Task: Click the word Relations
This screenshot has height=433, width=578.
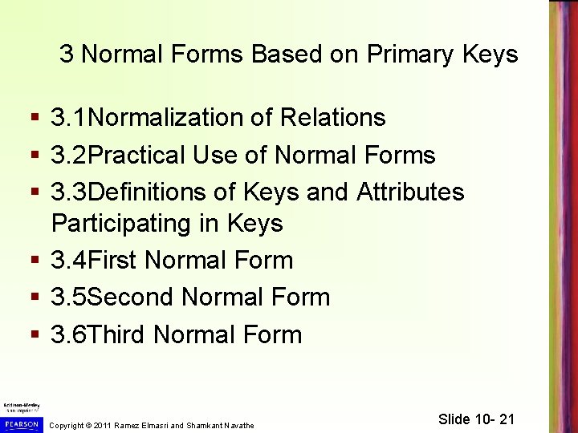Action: click(332, 118)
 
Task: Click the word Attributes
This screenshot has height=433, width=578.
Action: click(410, 192)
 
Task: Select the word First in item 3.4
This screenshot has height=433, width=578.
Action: click(113, 260)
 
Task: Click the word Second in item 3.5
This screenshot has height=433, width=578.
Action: click(131, 297)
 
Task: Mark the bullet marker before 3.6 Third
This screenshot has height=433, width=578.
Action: click(33, 335)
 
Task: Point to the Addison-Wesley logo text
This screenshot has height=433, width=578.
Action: click(20, 406)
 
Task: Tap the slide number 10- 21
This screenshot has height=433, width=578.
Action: click(490, 419)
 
